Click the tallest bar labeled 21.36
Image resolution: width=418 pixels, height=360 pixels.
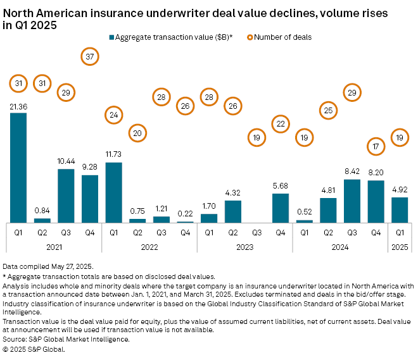18,168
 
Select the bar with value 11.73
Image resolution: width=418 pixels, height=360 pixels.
113,192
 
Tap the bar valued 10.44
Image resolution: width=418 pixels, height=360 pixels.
66,196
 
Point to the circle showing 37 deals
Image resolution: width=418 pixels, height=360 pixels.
91,57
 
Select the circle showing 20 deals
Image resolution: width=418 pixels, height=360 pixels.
137,133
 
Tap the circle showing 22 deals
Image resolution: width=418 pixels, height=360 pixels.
280,123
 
